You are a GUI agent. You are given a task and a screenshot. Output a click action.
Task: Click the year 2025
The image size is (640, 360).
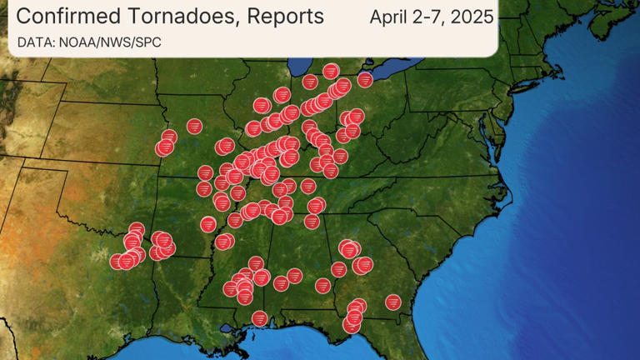(471, 17)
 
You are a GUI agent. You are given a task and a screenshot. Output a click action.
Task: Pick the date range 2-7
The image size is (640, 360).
(429, 17)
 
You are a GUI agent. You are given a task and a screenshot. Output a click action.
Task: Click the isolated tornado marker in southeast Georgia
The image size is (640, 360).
(392, 302)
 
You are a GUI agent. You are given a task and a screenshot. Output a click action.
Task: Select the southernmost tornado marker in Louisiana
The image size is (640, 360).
(260, 318)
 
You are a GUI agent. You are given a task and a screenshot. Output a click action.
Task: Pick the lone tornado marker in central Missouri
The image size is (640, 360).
(194, 127)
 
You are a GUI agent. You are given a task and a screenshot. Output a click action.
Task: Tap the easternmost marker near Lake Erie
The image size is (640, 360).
(365, 80)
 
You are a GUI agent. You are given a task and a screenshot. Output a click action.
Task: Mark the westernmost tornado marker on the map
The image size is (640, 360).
(118, 262)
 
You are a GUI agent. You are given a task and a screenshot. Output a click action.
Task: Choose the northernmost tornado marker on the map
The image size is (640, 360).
(331, 71)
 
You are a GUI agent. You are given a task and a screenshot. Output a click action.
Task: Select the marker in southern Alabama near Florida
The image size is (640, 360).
(323, 285)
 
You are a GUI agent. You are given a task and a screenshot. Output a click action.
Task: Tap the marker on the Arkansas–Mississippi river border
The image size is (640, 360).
(223, 242)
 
